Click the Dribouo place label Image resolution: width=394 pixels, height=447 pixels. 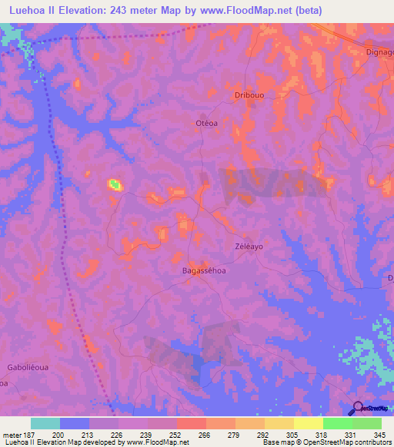point(249,95)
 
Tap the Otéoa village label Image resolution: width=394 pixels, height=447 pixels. point(204,122)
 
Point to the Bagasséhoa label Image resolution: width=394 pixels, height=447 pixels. point(202,270)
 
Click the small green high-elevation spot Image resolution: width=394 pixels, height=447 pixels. point(114,184)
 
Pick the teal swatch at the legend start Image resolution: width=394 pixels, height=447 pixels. point(45,423)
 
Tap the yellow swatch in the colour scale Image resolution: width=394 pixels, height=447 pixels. point(309,423)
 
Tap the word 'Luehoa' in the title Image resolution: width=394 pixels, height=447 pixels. point(29,10)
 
